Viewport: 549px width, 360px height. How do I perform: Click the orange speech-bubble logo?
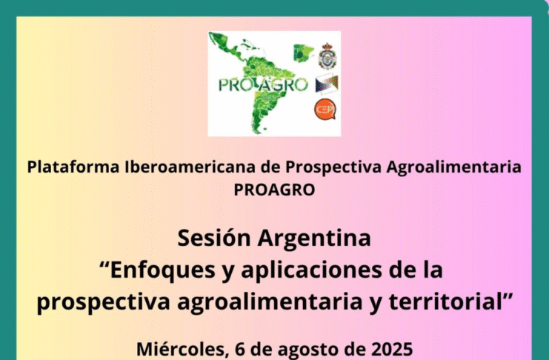pyautogui.click(x=325, y=110)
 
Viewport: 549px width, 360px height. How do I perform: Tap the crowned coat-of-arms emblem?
pyautogui.click(x=327, y=56)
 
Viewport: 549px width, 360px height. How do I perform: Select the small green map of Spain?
pyautogui.click(x=303, y=53)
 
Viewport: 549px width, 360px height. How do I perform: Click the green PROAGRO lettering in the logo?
pyautogui.click(x=263, y=84)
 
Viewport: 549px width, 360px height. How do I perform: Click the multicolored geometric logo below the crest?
pyautogui.click(x=327, y=84)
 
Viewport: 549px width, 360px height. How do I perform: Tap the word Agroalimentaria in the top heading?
pyautogui.click(x=453, y=167)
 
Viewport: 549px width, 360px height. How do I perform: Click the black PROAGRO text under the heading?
pyautogui.click(x=274, y=190)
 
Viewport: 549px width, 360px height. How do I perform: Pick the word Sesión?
pyautogui.click(x=214, y=238)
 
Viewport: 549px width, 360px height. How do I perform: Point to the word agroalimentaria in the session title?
pyautogui.click(x=270, y=303)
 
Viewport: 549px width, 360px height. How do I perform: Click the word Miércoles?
pyautogui.click(x=182, y=349)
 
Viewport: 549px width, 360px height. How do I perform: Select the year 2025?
pyautogui.click(x=392, y=349)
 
